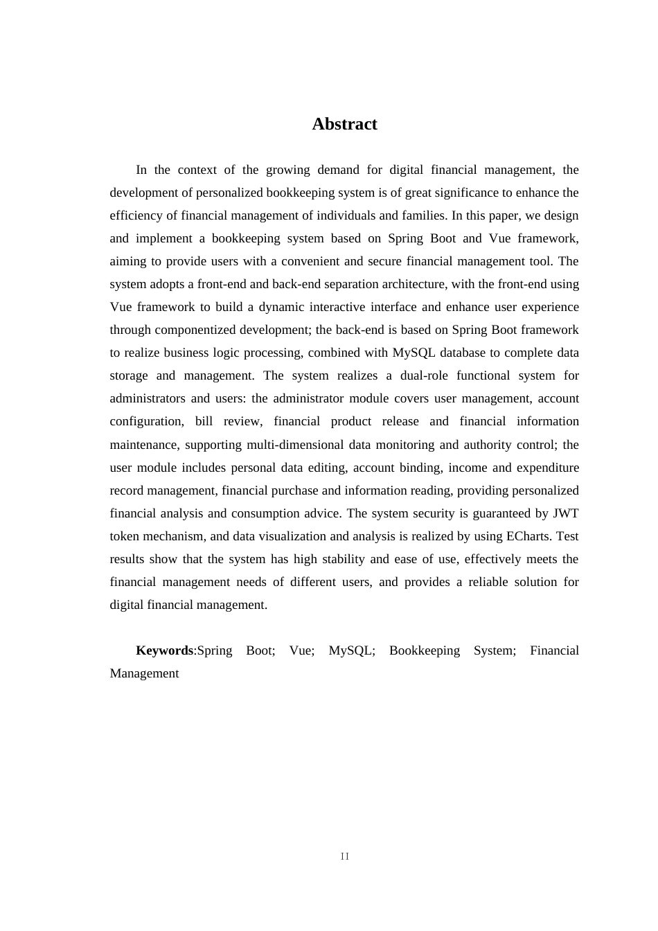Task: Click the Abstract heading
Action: tap(344, 124)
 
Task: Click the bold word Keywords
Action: tap(164, 650)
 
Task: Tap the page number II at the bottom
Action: tap(345, 857)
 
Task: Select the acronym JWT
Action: tap(565, 513)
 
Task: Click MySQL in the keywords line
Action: tap(351, 650)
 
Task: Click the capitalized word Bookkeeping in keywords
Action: tap(424, 650)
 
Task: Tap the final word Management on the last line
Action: tap(144, 673)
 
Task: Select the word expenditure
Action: tap(546, 468)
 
